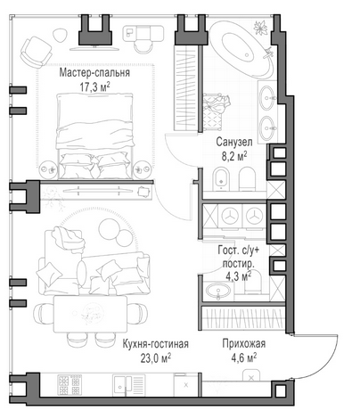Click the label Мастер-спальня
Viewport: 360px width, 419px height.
[94, 73]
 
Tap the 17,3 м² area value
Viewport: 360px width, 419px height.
[94, 87]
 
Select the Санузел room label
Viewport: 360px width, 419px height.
[234, 142]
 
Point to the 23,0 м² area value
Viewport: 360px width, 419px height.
[156, 358]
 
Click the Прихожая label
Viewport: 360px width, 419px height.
[244, 344]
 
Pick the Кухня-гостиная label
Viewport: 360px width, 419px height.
[156, 344]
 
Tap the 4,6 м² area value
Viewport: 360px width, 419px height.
[244, 357]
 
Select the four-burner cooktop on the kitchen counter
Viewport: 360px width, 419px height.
[70, 385]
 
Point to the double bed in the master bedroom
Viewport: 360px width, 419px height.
[95, 136]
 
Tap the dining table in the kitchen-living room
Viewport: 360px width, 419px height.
[90, 314]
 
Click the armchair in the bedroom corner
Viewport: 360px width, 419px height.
[36, 52]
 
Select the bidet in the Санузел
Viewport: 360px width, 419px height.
[222, 178]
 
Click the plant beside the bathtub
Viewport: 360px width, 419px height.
[260, 28]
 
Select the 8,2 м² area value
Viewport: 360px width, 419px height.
[234, 156]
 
